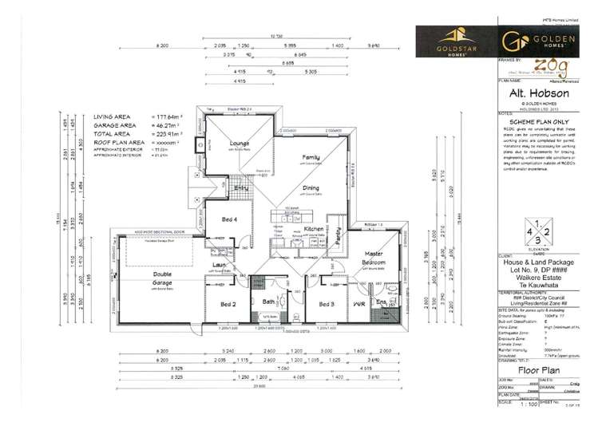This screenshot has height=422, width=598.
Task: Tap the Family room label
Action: [x=311, y=158]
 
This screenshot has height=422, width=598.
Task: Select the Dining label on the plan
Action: [x=311, y=188]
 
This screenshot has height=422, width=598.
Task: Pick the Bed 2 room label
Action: [x=228, y=304]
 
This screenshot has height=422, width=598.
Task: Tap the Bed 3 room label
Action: [x=326, y=304]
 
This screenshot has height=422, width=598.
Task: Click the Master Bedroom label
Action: [x=374, y=258]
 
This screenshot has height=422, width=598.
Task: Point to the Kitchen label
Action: [x=313, y=229]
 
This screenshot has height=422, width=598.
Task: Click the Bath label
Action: [x=269, y=302]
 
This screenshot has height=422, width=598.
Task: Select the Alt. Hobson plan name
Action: [x=528, y=92]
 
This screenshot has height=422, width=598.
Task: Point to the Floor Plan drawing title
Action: [x=528, y=370]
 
